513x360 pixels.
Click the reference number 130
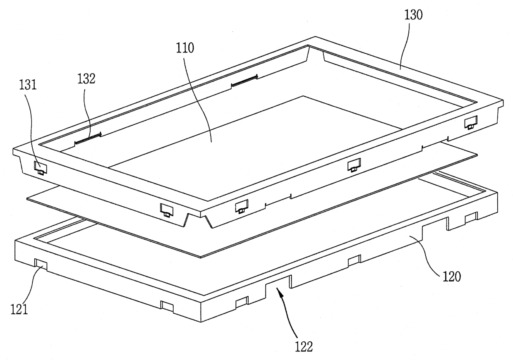pos(413,15)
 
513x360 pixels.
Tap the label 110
pos(185,48)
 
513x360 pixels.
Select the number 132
pos(86,79)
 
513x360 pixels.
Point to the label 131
pos(28,85)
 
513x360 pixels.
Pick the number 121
pos(19,310)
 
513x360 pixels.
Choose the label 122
pos(304,347)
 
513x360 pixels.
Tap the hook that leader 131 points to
pos(41,168)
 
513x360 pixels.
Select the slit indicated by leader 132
pos(88,139)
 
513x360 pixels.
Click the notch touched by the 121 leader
pos(41,265)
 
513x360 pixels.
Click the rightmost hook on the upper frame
pos(471,122)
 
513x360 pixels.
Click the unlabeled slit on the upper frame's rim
pos(245,80)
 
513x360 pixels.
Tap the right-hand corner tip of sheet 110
pos(477,155)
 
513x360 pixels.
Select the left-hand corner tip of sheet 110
pos(27,199)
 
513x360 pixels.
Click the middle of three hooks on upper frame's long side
pos(354,165)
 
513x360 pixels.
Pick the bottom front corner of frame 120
pos(201,322)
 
